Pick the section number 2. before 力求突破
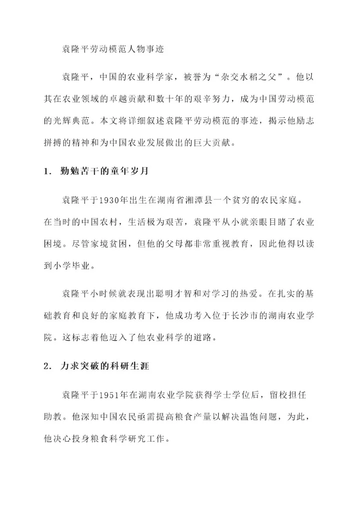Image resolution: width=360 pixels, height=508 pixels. click(48, 366)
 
